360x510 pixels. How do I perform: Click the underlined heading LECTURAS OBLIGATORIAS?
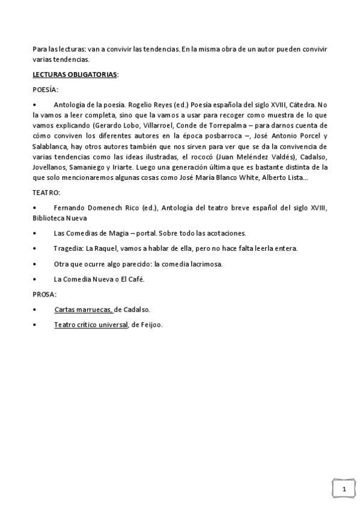(75, 75)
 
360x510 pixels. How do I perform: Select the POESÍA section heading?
(45, 90)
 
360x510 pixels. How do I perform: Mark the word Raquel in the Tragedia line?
(102, 248)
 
